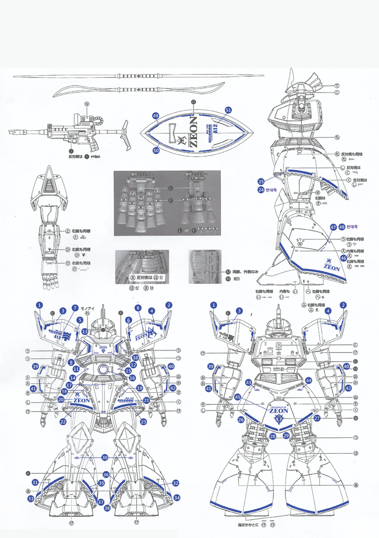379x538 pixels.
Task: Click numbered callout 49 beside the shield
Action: (x=156, y=116)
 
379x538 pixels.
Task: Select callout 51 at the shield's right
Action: (x=228, y=110)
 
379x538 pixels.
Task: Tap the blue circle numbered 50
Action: (x=156, y=150)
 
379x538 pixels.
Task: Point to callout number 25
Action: (x=261, y=181)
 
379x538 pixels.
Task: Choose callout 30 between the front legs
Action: (x=105, y=457)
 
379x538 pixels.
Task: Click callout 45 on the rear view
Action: (x=238, y=397)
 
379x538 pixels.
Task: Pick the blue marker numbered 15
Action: (x=129, y=371)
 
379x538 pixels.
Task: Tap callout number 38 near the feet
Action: (x=107, y=507)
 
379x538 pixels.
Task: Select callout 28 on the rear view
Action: (x=272, y=435)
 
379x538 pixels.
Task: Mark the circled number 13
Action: (x=85, y=331)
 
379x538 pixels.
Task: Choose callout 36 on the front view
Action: (x=106, y=475)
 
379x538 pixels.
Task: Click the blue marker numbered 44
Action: (x=309, y=380)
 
